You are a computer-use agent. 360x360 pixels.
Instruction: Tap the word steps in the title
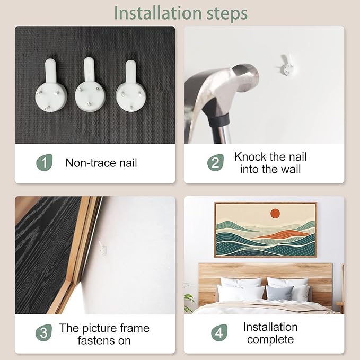(227, 14)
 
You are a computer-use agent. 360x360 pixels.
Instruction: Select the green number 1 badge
(45, 163)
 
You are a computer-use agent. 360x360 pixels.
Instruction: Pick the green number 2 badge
(215, 163)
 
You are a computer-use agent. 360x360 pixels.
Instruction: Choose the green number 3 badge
(43, 332)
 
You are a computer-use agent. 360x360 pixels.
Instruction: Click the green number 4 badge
(219, 332)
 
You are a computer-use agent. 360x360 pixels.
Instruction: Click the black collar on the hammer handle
(219, 119)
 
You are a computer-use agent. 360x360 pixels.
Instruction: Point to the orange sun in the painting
(275, 214)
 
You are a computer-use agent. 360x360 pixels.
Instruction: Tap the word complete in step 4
(270, 340)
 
